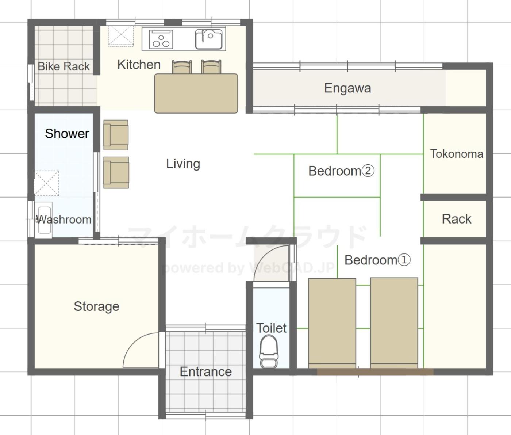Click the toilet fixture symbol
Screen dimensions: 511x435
point(269,351)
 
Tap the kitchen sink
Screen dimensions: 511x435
point(209,39)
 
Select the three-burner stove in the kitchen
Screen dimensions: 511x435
point(161,39)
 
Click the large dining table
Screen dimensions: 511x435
point(196,93)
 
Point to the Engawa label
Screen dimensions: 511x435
point(347,88)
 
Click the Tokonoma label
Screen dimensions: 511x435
point(457,154)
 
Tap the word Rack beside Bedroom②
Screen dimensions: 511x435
point(456,219)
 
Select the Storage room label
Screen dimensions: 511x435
point(96,307)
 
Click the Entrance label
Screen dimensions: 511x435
point(206,372)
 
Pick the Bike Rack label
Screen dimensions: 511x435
point(64,66)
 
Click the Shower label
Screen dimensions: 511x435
point(67,134)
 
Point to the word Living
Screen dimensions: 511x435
point(183,164)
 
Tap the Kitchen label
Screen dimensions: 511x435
point(139,65)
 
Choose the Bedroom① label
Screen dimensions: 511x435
point(377,260)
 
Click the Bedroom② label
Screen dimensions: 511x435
point(341,171)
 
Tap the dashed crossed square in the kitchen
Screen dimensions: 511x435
point(121,36)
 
